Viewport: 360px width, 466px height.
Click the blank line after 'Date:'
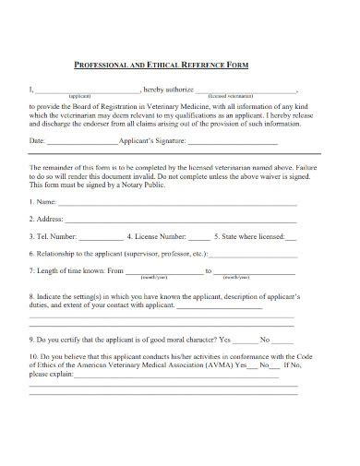click(82, 142)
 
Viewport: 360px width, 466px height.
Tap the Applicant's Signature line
click(238, 142)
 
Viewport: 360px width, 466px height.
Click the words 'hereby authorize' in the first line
click(169, 90)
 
